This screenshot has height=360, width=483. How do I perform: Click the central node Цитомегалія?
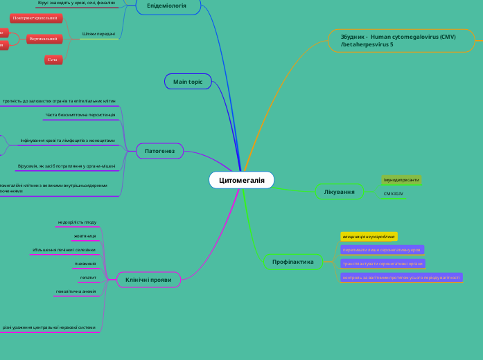[x=242, y=180]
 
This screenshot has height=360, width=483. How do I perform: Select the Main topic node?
[x=188, y=82]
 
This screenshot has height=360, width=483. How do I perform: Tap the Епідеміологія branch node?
[x=167, y=6]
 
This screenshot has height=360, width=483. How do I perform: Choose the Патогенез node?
[x=159, y=150]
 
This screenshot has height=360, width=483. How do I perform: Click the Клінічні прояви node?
[x=149, y=279]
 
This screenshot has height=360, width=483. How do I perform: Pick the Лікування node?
[x=340, y=191]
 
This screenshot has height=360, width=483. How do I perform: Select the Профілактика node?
[x=293, y=262]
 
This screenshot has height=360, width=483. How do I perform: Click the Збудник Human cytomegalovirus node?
[x=398, y=40]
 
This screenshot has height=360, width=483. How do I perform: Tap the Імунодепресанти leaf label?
[x=401, y=180]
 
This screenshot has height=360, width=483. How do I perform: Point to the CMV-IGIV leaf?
[x=394, y=194]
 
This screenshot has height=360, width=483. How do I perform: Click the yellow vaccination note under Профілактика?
[x=369, y=237]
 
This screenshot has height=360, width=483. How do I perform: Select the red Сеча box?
[x=53, y=60]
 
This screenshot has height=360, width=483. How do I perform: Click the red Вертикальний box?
[x=42, y=39]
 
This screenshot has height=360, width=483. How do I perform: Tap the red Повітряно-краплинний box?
[x=37, y=18]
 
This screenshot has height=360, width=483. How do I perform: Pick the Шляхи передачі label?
[x=98, y=34]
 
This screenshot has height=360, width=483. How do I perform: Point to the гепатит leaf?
[x=88, y=277]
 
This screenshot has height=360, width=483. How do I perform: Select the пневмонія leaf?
[x=85, y=264]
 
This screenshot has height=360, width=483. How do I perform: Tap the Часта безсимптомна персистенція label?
[x=85, y=115]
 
